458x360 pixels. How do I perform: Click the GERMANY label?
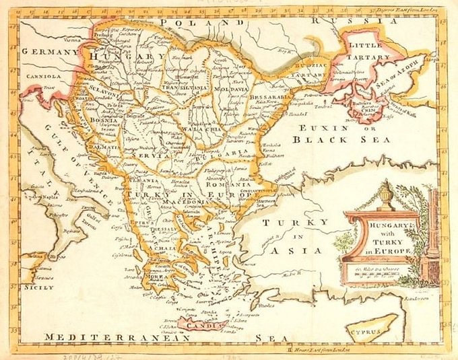tap(45, 52)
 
